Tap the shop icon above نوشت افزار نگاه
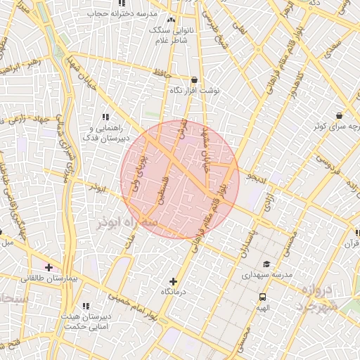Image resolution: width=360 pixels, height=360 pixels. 195,80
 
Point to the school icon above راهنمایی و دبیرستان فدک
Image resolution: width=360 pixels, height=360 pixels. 106,117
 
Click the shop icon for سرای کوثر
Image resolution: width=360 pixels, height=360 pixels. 339,115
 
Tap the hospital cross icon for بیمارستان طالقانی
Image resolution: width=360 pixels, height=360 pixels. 49,267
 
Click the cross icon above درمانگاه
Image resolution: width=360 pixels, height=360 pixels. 174,281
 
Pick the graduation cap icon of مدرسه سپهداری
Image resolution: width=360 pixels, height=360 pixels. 266,264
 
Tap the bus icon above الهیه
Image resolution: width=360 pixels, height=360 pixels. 262,297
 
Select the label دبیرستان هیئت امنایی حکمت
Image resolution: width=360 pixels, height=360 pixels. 85,321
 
